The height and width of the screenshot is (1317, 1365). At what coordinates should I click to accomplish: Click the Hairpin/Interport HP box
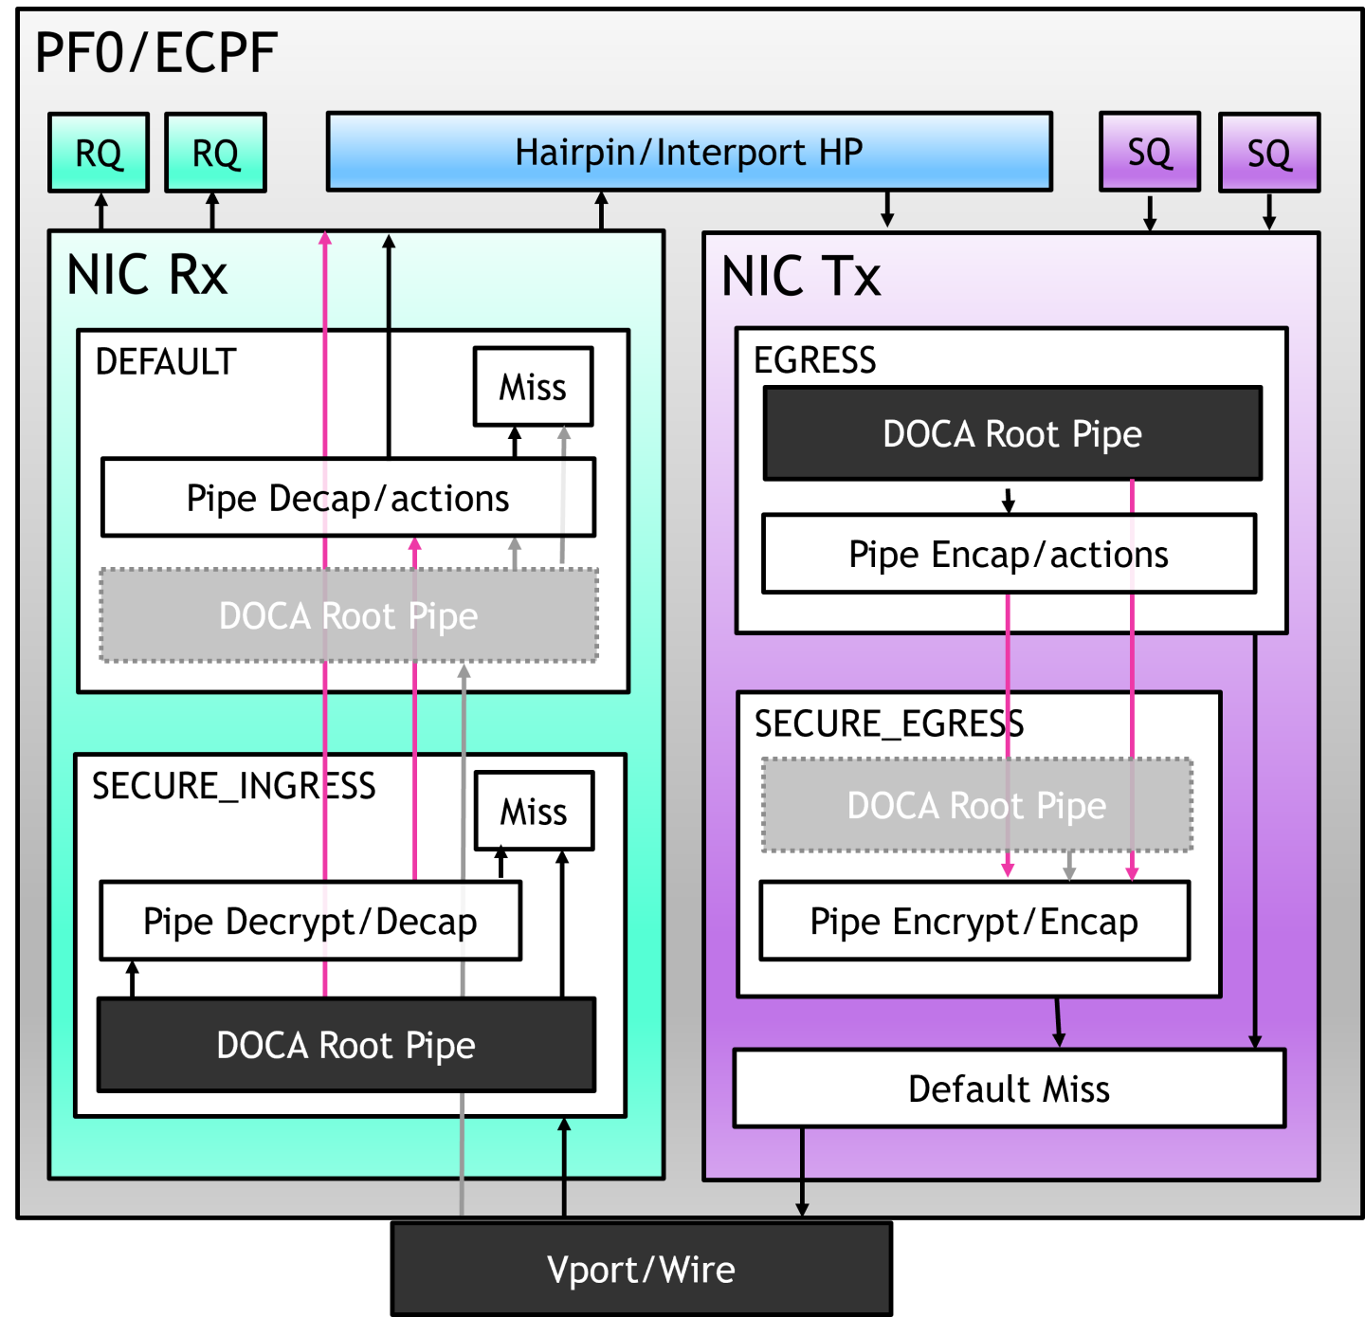click(689, 152)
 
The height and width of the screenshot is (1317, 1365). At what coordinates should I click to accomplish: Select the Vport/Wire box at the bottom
click(641, 1269)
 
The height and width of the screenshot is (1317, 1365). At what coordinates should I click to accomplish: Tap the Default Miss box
click(1009, 1088)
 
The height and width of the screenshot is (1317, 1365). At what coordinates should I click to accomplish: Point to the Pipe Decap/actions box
click(348, 498)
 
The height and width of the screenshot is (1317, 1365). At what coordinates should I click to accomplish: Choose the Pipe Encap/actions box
click(1009, 555)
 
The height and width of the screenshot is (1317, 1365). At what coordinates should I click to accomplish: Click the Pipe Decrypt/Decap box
click(310, 921)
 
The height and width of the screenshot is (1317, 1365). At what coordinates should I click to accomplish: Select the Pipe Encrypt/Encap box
click(974, 921)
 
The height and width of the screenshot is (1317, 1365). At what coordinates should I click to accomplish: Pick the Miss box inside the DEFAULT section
click(533, 387)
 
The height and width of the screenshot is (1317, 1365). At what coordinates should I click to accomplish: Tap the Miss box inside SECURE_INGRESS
click(534, 811)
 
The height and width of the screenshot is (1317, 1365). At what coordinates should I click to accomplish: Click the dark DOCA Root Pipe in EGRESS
click(1012, 433)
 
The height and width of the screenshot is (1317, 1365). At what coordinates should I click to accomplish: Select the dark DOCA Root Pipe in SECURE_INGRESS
click(346, 1045)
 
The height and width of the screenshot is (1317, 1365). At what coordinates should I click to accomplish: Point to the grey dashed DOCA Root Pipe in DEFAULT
click(348, 616)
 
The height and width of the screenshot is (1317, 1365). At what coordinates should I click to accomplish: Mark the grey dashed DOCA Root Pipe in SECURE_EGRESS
click(976, 805)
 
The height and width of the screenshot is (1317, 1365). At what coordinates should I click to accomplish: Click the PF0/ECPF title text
click(155, 53)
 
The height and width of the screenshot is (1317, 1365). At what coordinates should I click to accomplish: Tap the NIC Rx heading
click(147, 276)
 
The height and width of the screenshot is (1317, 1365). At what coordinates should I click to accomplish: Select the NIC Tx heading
click(801, 277)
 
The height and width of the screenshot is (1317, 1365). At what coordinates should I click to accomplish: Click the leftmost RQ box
click(99, 153)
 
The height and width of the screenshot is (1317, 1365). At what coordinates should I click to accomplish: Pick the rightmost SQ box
click(1268, 153)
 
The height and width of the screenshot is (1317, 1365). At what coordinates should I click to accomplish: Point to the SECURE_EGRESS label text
click(888, 723)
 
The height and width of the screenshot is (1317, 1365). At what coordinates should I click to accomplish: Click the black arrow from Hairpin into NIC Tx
click(887, 210)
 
